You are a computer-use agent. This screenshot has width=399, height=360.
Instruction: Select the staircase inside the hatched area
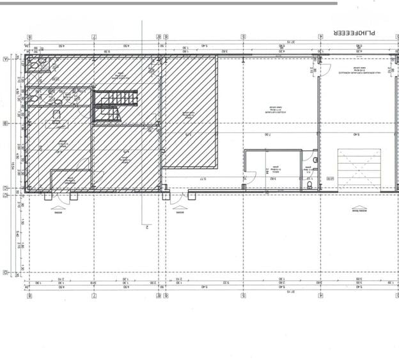[115, 106]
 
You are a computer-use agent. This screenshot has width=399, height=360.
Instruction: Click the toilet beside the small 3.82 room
[309, 184]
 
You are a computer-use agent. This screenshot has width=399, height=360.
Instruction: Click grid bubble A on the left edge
[6, 58]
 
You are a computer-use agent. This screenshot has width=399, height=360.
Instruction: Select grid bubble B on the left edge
[6, 123]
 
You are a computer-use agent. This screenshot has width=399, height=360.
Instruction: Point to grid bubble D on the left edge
[6, 273]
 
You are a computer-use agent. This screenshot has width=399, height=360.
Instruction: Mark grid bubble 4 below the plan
[319, 295]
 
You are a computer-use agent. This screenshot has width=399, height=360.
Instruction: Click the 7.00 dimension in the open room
[267, 135]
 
